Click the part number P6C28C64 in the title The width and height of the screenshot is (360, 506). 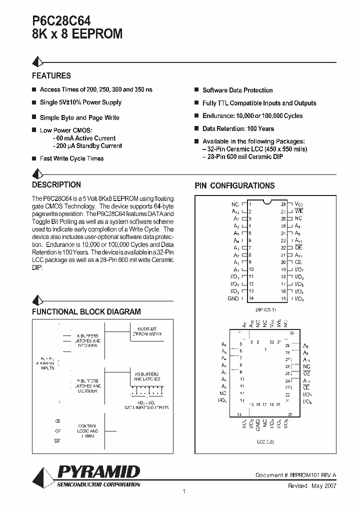point(61,20)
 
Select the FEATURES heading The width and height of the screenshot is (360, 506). point(51,76)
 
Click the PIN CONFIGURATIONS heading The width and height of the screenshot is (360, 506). point(234,185)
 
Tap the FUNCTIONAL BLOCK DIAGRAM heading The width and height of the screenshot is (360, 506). point(86,311)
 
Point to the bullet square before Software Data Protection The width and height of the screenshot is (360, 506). point(197,90)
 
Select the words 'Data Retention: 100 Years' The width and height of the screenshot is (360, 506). point(238,128)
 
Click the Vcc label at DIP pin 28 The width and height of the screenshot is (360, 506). point(298,204)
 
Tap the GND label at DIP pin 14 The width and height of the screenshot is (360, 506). point(233,298)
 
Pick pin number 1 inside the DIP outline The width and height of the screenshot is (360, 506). point(249,204)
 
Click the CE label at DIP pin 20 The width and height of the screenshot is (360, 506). point(298,262)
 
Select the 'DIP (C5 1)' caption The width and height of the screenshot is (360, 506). point(265,309)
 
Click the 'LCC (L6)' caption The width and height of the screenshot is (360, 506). point(265,442)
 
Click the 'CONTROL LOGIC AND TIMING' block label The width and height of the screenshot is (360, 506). point(88,431)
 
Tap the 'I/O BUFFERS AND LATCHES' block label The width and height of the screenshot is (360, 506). point(146,377)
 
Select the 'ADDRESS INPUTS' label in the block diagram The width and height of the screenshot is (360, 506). point(48,364)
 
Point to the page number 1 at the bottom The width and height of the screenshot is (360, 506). point(184,492)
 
